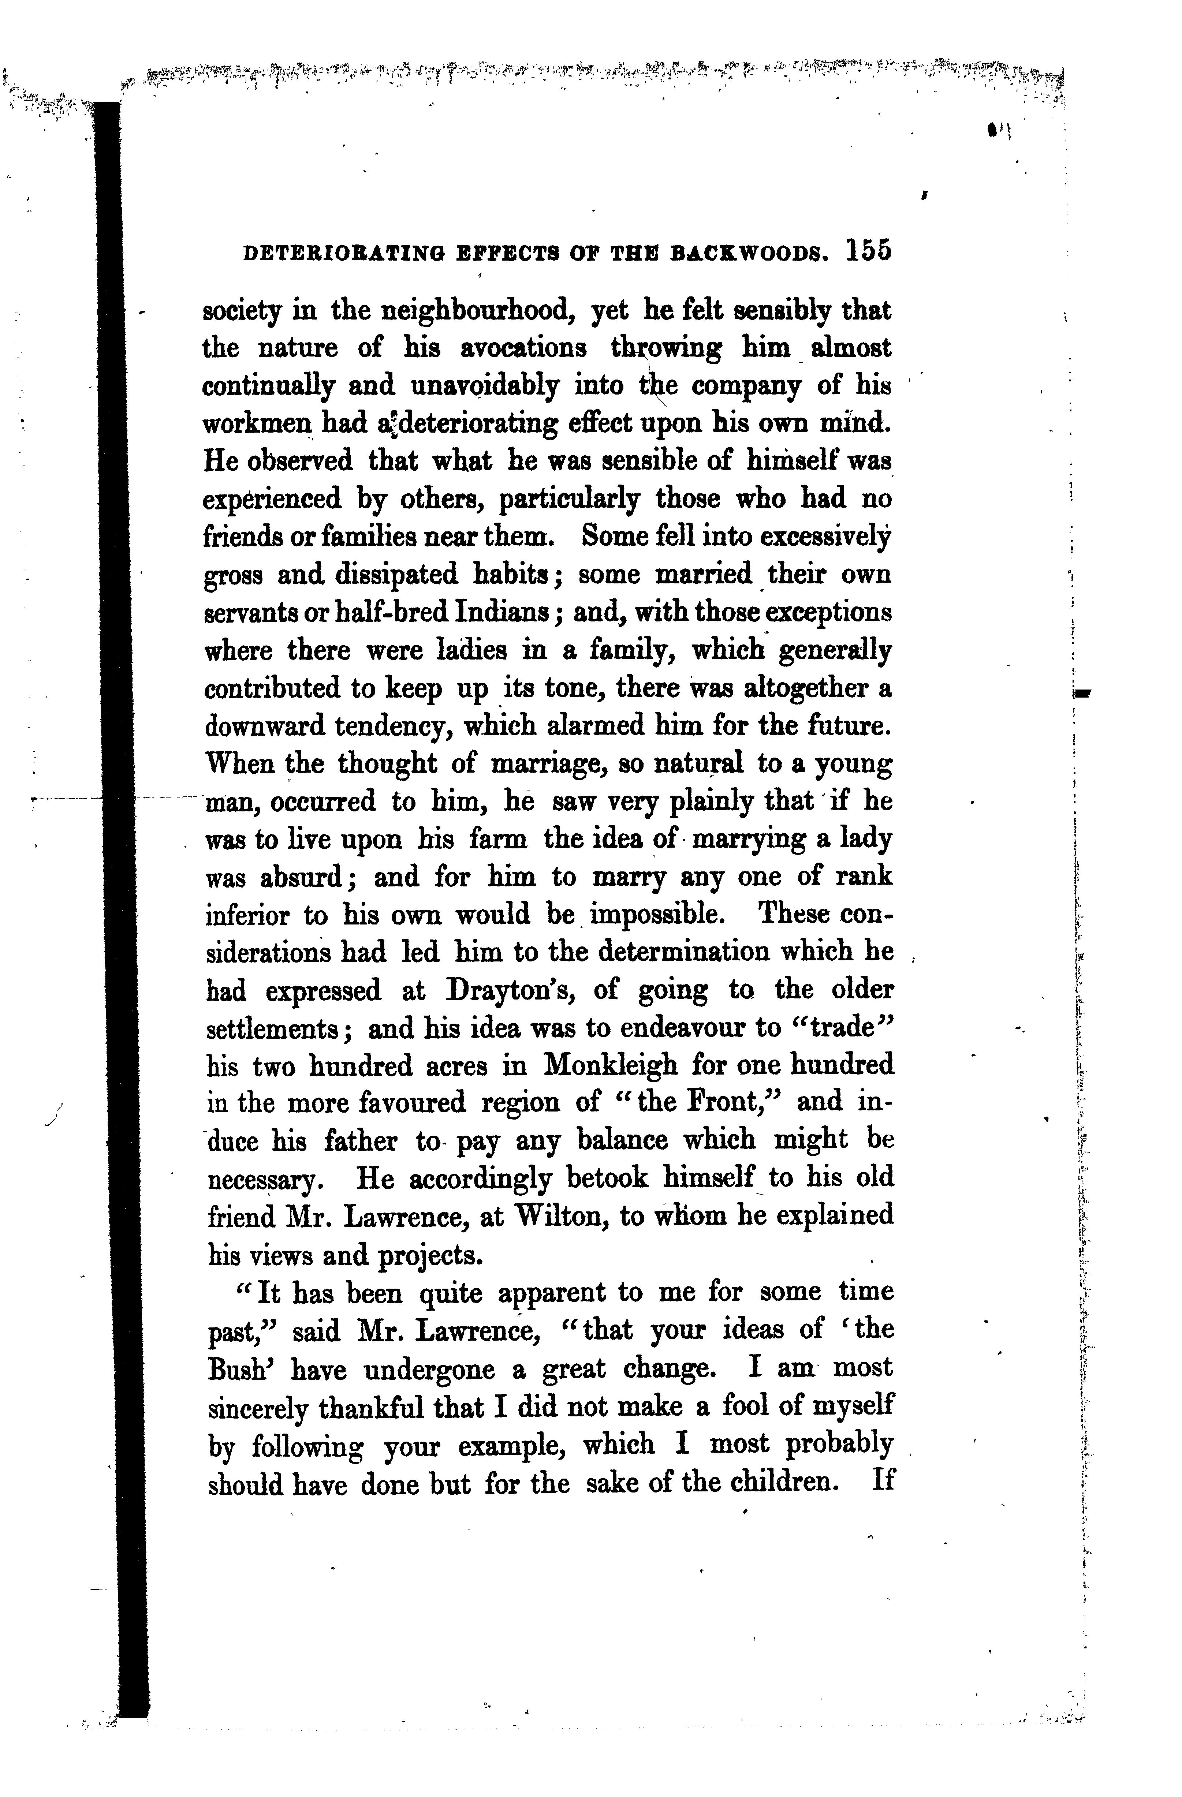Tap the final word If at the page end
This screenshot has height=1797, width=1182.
coord(882,1482)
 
